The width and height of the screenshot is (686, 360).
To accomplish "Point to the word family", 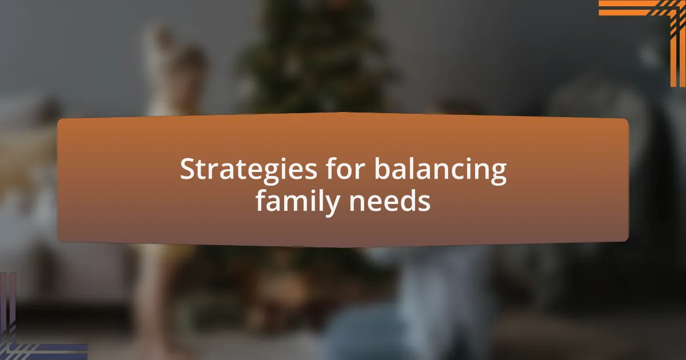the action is click(297, 202).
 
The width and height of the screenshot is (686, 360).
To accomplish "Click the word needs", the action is click(389, 200).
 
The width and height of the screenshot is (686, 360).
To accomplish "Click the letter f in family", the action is click(262, 200).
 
